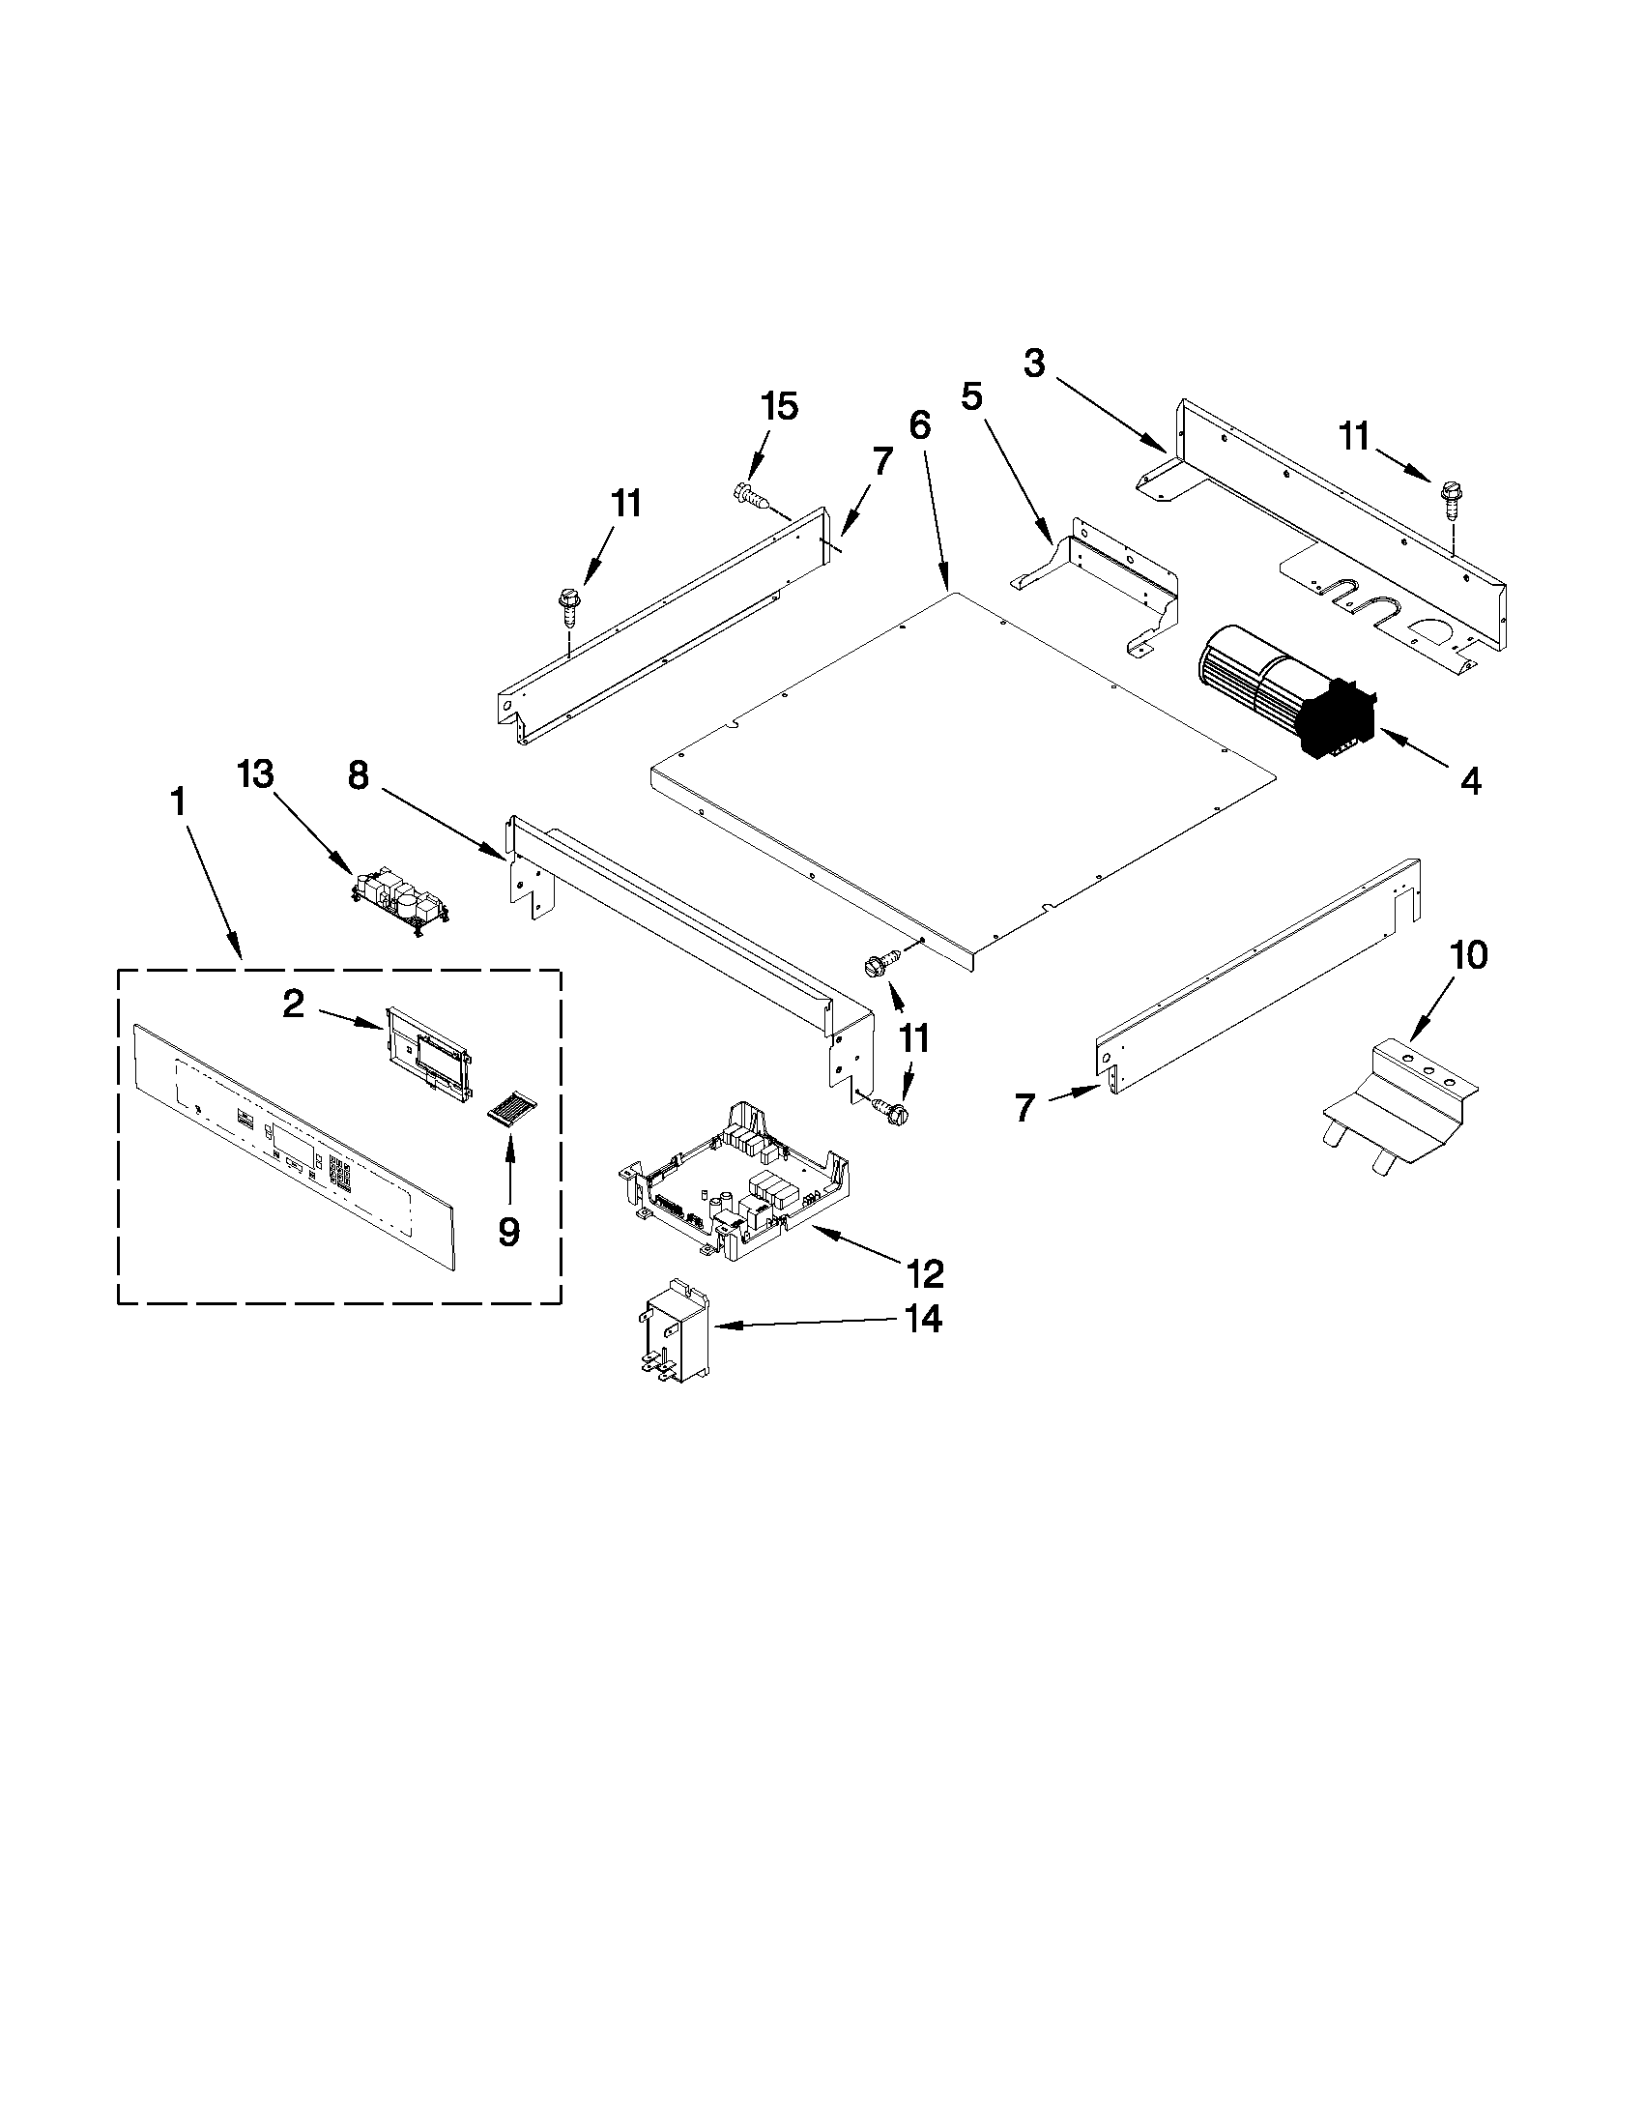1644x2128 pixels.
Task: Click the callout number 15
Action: [x=779, y=406]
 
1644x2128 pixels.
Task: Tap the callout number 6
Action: [x=919, y=424]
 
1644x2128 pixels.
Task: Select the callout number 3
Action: [x=1034, y=364]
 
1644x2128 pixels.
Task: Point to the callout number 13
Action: [x=256, y=775]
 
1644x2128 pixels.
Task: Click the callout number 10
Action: [x=1469, y=956]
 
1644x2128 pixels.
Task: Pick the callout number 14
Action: [x=921, y=1320]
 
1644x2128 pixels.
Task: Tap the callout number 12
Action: [x=924, y=1272]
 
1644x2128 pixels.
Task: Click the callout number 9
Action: [x=508, y=1233]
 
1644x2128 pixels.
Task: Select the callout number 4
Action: [x=1470, y=780]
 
